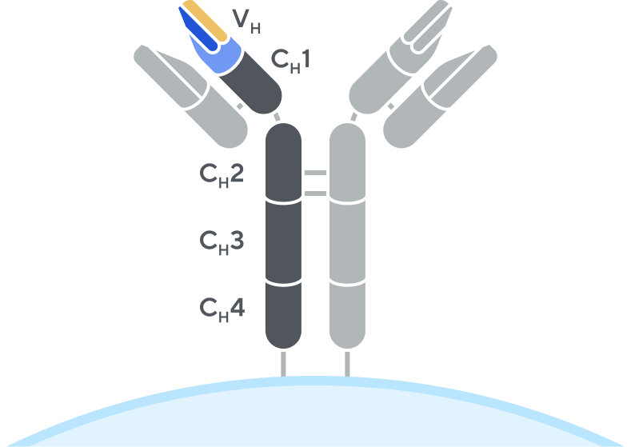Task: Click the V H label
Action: click(246, 22)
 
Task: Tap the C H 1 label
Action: click(290, 60)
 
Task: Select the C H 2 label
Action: click(222, 174)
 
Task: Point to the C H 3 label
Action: click(222, 241)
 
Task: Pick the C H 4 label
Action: click(222, 308)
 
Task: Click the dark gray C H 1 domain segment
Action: click(254, 88)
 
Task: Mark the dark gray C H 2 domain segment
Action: click(283, 164)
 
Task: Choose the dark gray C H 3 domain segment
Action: click(283, 244)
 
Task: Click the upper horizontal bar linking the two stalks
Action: click(315, 173)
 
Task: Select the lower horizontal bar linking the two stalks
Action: click(315, 193)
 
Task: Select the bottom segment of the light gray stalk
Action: click(347, 316)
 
